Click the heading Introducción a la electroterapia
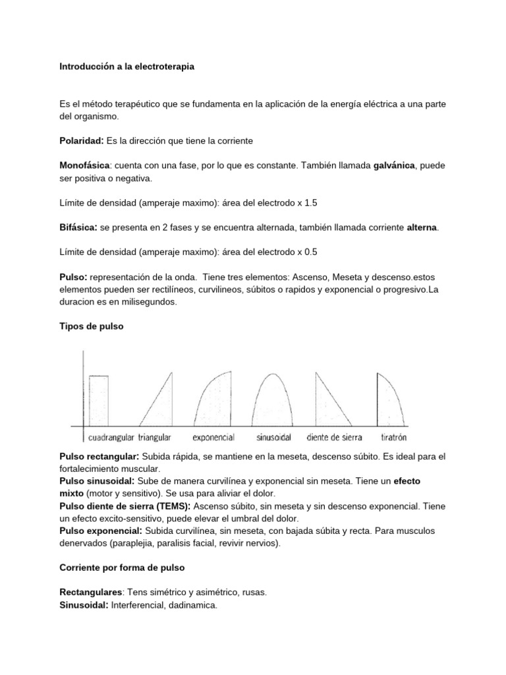coord(126,67)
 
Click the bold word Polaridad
coord(81,142)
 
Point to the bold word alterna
coord(422,227)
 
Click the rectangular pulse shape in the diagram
coord(99,399)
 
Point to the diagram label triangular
coord(155,437)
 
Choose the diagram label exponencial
coord(214,437)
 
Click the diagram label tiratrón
coord(394,437)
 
